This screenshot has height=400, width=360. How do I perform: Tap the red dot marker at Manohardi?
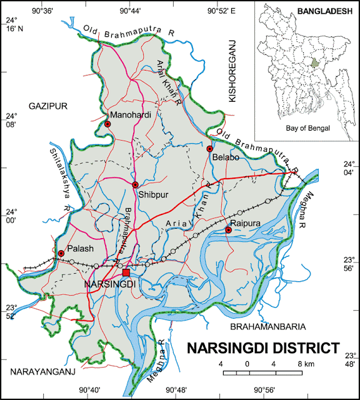click(x=107, y=124)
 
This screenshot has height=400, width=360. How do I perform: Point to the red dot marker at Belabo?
click(x=210, y=149)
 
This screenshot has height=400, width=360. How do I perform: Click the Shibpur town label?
click(x=151, y=194)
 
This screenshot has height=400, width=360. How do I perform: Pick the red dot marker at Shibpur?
click(x=135, y=184)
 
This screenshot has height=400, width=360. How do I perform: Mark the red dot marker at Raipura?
click(x=229, y=230)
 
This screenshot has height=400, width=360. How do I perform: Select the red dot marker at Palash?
click(x=61, y=253)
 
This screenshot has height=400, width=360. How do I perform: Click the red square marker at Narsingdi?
click(x=126, y=272)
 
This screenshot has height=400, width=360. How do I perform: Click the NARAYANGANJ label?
click(x=42, y=372)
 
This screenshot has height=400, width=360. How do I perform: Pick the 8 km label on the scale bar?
click(x=305, y=364)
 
